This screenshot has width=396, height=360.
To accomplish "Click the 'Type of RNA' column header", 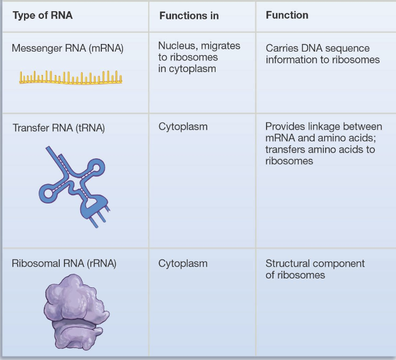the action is click(42, 15).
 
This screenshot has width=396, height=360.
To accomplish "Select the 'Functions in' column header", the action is click(189, 16).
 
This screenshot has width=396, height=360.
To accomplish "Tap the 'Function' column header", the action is click(286, 15).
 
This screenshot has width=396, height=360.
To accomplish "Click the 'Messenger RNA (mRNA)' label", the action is click(67, 48).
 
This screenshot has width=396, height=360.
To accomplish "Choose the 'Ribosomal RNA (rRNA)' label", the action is click(64, 263).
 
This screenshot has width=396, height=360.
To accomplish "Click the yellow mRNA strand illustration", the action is click(71, 77).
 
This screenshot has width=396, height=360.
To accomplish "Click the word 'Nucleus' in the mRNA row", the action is click(177, 46).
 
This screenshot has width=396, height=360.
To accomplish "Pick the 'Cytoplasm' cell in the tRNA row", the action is click(183, 127).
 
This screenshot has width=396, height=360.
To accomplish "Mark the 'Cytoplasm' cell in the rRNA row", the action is click(183, 263).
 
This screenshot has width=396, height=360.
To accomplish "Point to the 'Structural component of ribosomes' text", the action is click(315, 269).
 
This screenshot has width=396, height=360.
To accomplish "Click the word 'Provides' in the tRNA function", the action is click(285, 127).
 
